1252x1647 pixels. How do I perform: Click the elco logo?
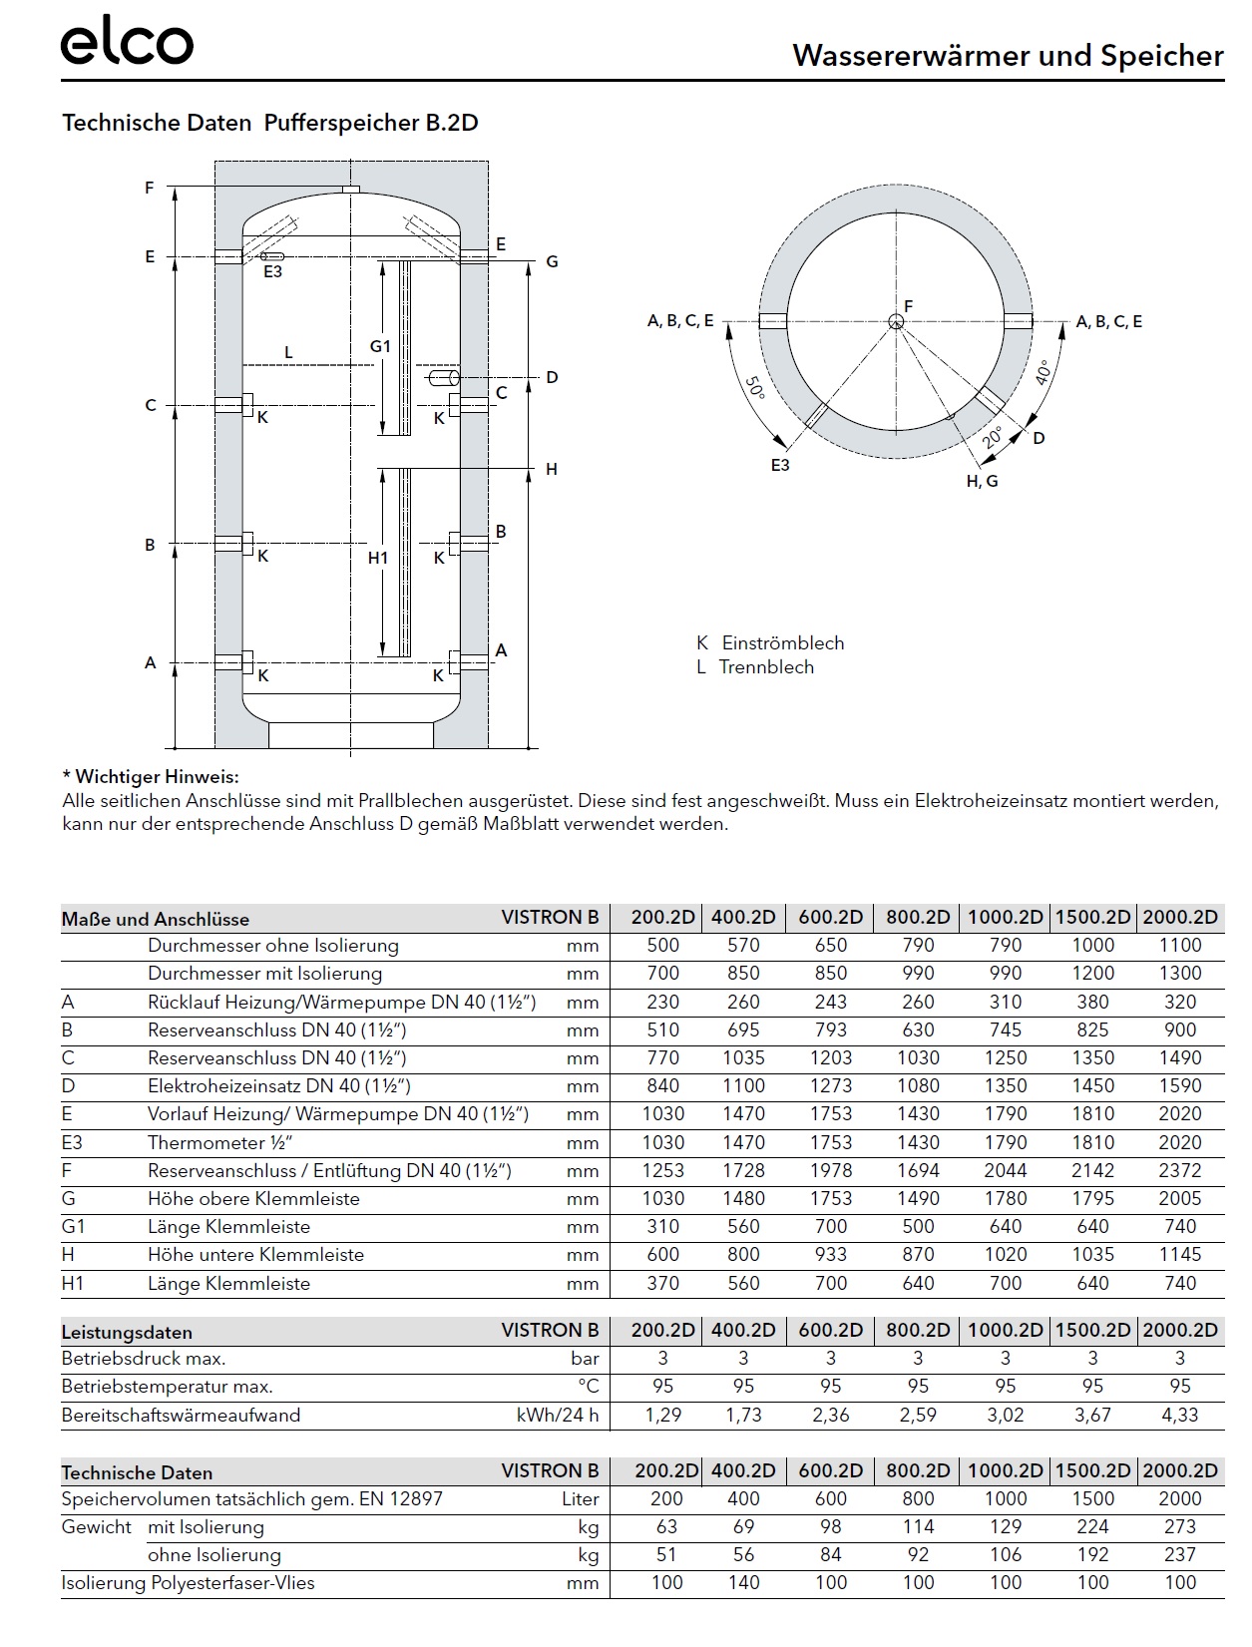[127, 44]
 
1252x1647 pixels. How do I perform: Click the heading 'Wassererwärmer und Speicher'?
[1008, 56]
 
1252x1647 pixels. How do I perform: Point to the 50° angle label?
[755, 387]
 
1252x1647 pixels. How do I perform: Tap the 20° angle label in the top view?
[991, 437]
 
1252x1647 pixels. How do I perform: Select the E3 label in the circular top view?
[780, 465]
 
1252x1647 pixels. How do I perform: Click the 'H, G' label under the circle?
[982, 481]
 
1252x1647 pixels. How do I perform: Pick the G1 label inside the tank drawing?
[380, 346]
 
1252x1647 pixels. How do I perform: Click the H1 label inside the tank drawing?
[377, 558]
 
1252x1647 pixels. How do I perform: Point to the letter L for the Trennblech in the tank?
[288, 352]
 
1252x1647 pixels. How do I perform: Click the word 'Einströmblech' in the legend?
[783, 643]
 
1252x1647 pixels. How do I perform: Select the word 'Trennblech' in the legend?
[766, 667]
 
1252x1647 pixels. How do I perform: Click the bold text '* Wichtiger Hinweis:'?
[151, 776]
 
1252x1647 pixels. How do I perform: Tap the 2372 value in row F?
[1180, 1170]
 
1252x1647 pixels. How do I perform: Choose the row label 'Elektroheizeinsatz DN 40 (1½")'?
[279, 1085]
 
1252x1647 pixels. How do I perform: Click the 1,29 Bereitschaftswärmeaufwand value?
[662, 1415]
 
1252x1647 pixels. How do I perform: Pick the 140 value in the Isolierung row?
[743, 1582]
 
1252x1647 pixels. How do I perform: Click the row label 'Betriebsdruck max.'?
[144, 1358]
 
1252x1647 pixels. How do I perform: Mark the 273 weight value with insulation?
[1180, 1526]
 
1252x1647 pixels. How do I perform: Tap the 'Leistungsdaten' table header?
[127, 1332]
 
